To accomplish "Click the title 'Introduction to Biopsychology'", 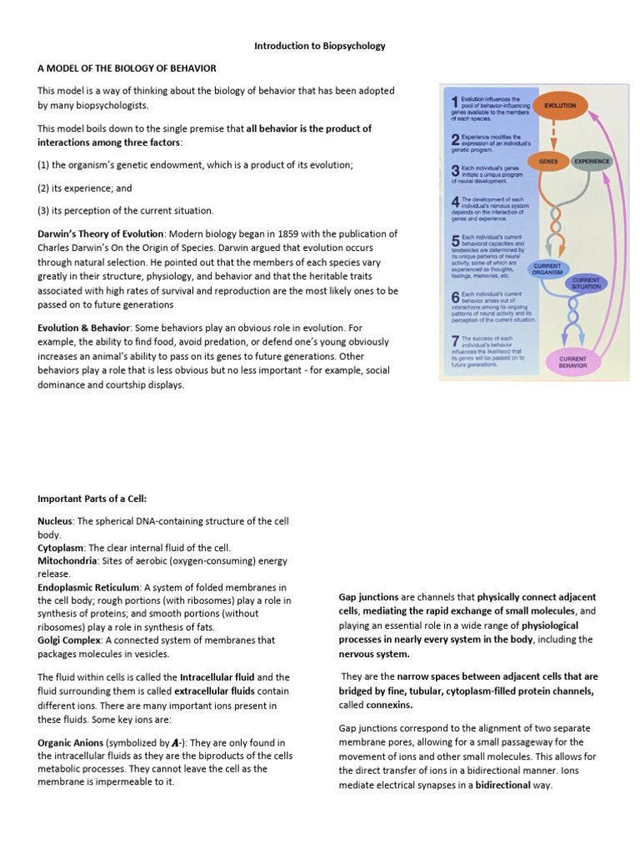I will click(320, 46).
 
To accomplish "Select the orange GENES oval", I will click(547, 160).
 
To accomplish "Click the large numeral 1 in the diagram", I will click(454, 102).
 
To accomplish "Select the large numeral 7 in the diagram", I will click(454, 341).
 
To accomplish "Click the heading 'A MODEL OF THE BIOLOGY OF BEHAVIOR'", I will click(127, 68).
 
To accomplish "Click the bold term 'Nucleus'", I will click(56, 520).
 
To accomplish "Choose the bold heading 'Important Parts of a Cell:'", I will click(92, 499).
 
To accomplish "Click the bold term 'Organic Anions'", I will click(71, 742).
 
